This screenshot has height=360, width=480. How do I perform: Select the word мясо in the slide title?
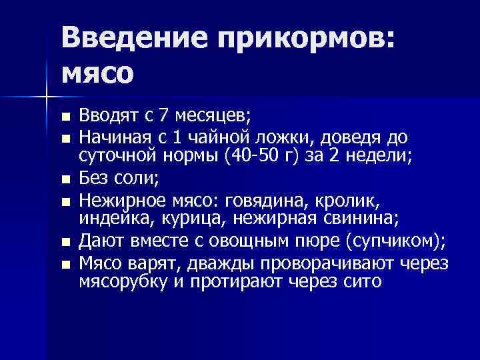(x=97, y=71)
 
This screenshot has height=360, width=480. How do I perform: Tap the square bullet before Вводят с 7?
(x=65, y=118)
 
